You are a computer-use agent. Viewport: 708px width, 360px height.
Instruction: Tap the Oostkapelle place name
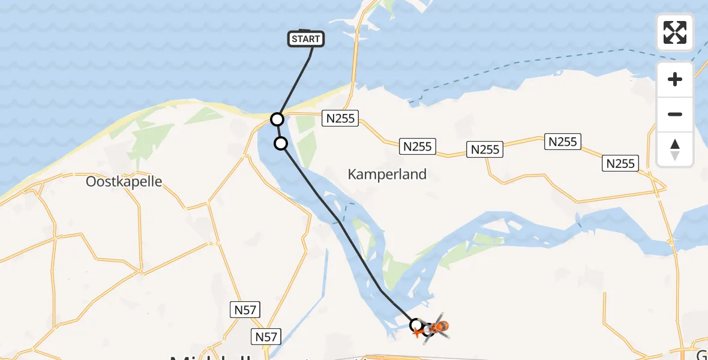pos(124,181)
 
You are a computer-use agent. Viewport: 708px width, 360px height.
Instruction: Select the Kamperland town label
pos(387,175)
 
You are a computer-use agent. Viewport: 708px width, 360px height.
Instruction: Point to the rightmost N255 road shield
pos(621,163)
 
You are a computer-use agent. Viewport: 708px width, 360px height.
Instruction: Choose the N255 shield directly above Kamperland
pos(417,146)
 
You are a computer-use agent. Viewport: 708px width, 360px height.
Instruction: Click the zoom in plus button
pos(675,79)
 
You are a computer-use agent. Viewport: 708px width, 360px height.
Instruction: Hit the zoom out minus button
pos(675,114)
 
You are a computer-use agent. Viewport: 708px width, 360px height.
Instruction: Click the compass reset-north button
pos(675,149)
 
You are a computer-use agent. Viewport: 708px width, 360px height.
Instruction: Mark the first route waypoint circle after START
pos(277,119)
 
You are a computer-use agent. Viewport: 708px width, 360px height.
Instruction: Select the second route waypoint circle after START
pos(281,143)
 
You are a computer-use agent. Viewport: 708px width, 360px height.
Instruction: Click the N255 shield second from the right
pos(562,142)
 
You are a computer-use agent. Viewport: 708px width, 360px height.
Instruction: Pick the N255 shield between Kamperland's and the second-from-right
pos(485,149)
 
